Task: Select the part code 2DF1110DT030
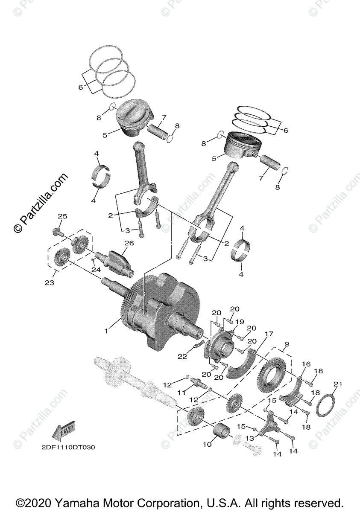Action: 68,448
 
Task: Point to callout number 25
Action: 62,217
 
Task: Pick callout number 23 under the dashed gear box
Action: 50,282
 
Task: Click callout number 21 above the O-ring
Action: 338,384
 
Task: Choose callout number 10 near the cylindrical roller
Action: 207,444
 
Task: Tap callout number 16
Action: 306,364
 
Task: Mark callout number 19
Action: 240,321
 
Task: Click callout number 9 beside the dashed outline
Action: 287,344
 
